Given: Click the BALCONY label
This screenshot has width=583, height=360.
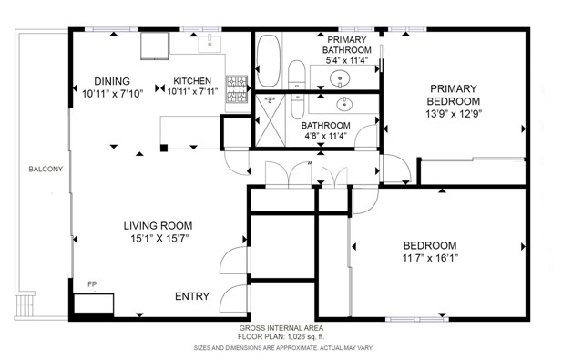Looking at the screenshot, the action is click(46, 169).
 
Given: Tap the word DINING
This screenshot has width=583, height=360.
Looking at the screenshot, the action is click(112, 81).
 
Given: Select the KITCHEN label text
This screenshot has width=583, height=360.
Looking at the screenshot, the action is click(192, 81).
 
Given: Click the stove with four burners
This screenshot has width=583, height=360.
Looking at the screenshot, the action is click(237, 89).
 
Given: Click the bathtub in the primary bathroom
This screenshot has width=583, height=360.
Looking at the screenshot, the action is click(268, 61).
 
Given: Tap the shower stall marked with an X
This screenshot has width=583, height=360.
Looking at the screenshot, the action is click(271, 120).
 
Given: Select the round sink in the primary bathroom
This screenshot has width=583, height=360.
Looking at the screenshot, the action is click(340, 79).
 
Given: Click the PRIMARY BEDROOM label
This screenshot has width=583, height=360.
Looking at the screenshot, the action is click(454, 95).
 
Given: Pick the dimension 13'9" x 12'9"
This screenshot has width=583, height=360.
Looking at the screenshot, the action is click(454, 114).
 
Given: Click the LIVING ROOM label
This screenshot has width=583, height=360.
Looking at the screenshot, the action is click(158, 226).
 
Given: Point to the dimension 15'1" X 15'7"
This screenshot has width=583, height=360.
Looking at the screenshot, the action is click(159, 239).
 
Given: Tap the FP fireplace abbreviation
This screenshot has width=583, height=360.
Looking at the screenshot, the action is click(92, 284).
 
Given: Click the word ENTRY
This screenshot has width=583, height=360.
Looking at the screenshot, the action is click(192, 296).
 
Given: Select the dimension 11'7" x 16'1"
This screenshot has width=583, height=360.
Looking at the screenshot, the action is click(430, 258).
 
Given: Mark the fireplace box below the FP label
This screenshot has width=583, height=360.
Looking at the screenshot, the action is click(93, 303).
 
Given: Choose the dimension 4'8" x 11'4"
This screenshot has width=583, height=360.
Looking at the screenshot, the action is click(326, 136).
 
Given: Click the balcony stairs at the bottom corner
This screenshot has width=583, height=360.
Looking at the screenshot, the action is click(26, 305).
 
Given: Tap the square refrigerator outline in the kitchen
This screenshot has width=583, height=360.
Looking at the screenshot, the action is click(154, 46).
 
